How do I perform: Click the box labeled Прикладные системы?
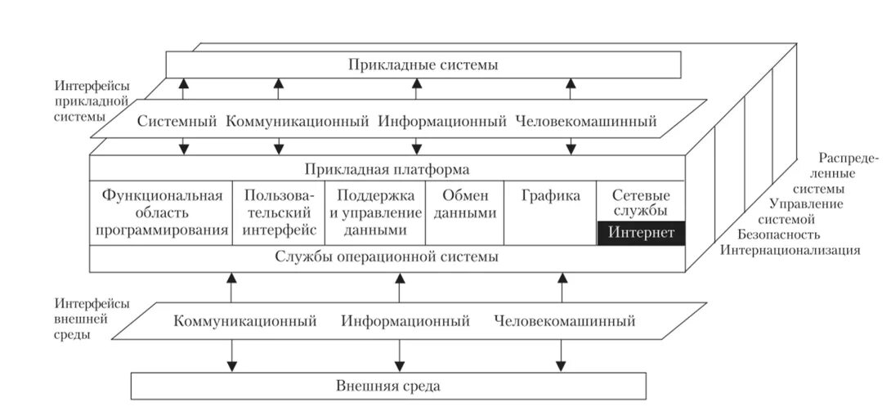(x=423, y=65)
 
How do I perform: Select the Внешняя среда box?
(x=387, y=386)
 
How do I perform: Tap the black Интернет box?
(x=641, y=234)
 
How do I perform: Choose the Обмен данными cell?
(x=464, y=204)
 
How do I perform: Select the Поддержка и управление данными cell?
(x=375, y=212)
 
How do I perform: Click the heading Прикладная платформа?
(x=387, y=170)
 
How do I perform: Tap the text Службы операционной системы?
(x=387, y=258)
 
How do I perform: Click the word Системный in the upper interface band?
(x=177, y=123)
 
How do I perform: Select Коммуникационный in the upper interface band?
(x=298, y=123)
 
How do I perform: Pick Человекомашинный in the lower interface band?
(x=564, y=321)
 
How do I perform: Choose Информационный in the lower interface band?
(x=405, y=321)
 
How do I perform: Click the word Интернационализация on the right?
(x=789, y=250)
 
